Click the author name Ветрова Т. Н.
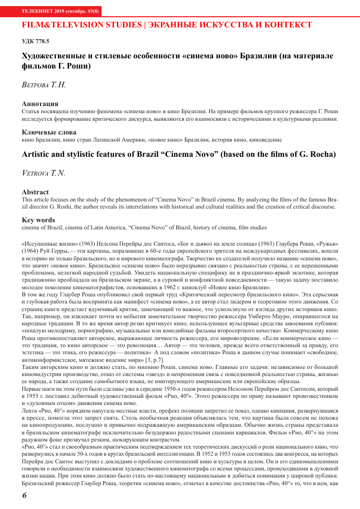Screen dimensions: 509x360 pyautogui.click(x=44, y=85)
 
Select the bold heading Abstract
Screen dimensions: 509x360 pyautogui.click(x=36, y=192)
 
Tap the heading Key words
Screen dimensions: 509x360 pyautogui.click(x=39, y=220)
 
